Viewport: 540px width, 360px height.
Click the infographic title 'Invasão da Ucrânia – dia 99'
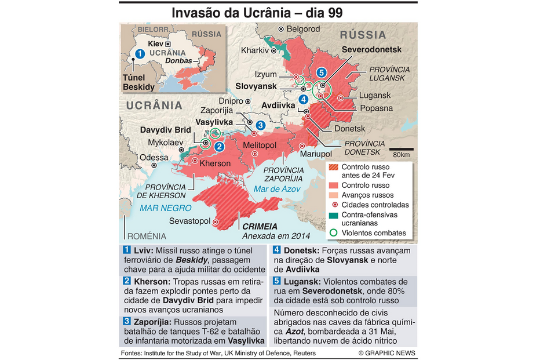tap(269, 12)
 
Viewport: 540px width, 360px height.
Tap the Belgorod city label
tap(303, 28)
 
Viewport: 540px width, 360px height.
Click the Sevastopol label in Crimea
tap(189, 221)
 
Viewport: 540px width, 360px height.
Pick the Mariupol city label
tap(315, 154)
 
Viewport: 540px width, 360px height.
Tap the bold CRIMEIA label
tap(260, 226)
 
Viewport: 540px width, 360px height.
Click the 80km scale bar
tap(400, 149)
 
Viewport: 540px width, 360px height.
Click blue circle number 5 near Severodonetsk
tap(322, 72)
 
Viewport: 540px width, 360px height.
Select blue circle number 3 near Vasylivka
tap(260, 125)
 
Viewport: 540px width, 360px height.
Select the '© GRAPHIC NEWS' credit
tap(386, 353)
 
